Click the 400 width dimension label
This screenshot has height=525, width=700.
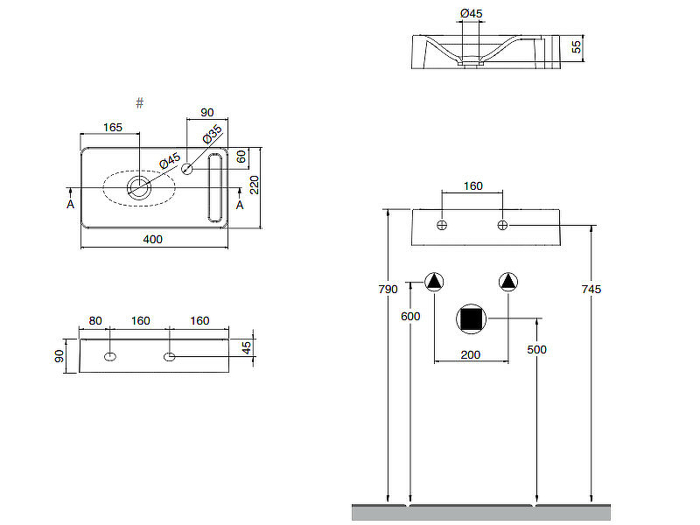pyautogui.click(x=154, y=239)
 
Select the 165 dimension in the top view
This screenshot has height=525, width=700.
pyautogui.click(x=113, y=127)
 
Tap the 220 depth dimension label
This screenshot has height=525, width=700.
pyautogui.click(x=255, y=185)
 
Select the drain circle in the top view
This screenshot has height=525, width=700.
pyautogui.click(x=138, y=186)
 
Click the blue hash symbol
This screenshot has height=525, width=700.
pyautogui.click(x=140, y=103)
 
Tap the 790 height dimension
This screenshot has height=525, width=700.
pyautogui.click(x=387, y=289)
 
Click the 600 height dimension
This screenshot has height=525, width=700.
pyautogui.click(x=410, y=316)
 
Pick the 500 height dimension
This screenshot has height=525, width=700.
pyautogui.click(x=536, y=349)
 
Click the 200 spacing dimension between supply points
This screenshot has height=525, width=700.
pyautogui.click(x=472, y=354)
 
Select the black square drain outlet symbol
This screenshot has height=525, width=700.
pyautogui.click(x=472, y=319)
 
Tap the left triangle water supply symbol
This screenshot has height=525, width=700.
pyautogui.click(x=435, y=282)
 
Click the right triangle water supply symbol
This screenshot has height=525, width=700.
pyautogui.click(x=508, y=282)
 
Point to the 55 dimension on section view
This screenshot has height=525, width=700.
pyautogui.click(x=577, y=47)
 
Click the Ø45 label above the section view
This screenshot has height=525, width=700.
pyautogui.click(x=472, y=13)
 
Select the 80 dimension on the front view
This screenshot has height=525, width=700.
pyautogui.click(x=94, y=321)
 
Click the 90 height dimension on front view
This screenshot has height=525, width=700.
pyautogui.click(x=59, y=356)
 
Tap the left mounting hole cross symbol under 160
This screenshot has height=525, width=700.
pyautogui.click(x=442, y=226)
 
